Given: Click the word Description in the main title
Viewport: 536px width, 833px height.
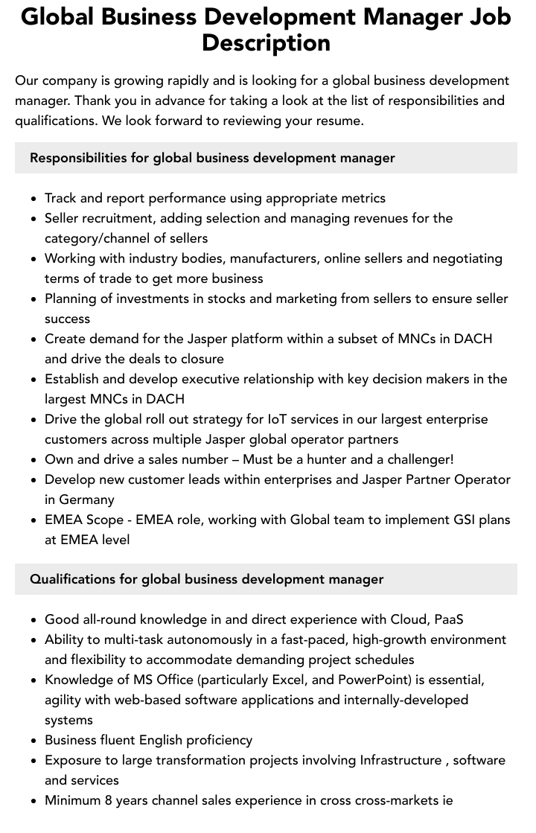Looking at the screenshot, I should point(266,42).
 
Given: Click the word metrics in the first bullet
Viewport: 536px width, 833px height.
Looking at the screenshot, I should point(362,198).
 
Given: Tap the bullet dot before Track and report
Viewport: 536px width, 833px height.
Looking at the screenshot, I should point(34,199).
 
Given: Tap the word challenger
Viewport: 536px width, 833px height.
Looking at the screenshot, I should point(418,459).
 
